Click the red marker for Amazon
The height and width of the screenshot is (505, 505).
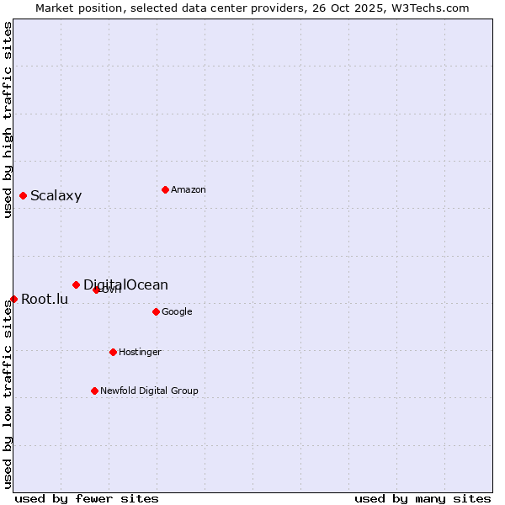pos(165,189)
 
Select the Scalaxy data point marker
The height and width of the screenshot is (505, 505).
pos(23,195)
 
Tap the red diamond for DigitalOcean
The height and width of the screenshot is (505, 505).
pos(76,284)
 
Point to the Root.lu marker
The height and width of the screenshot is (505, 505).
pos(13,299)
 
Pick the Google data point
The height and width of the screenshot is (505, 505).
pos(156,311)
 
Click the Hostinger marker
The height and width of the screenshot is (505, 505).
pos(113,352)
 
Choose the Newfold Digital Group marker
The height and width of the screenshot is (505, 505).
pos(94,391)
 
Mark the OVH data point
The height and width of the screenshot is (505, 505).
pos(96,290)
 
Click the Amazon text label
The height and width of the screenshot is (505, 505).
pos(189,190)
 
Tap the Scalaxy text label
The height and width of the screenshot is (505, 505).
pos(56,196)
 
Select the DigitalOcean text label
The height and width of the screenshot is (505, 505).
pos(125,284)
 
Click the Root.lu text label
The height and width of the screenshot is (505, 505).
pos(45,299)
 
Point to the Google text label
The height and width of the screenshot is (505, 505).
pos(177,312)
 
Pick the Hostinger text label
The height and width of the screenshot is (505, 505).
pos(140,352)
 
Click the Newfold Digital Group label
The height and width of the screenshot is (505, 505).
pos(149,391)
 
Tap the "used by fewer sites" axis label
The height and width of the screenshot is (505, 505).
pos(87,498)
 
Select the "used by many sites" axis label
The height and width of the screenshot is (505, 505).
pos(423,498)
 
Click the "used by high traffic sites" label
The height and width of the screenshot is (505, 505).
pos(8,120)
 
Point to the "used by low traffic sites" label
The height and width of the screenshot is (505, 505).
pos(8,394)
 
